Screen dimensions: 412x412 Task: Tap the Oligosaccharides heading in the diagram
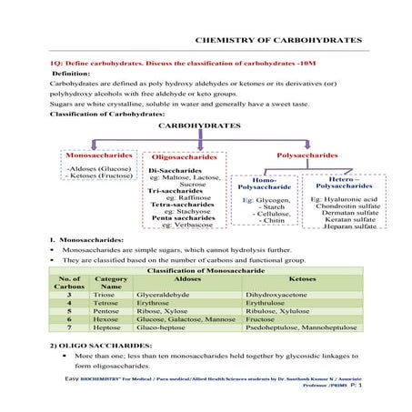click(184, 158)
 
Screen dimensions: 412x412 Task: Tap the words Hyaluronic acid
click(350, 198)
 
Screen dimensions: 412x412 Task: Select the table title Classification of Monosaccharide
click(206, 271)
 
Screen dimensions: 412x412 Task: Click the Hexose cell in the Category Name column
click(105, 320)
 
